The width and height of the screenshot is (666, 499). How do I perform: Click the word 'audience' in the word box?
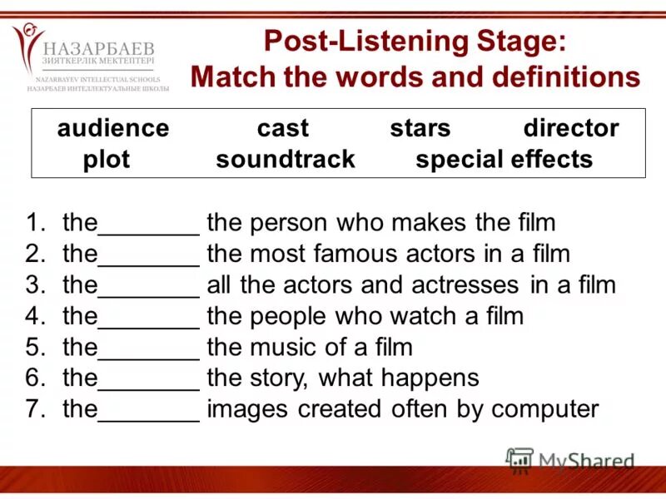112,128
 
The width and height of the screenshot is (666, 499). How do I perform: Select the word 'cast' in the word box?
282,128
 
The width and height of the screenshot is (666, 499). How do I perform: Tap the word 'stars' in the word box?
420,128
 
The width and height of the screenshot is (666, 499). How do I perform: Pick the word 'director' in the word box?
571,128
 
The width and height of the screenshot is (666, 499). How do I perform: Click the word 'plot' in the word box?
107,159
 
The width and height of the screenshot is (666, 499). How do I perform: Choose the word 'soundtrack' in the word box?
286,159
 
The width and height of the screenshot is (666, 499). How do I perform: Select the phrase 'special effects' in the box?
504,159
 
